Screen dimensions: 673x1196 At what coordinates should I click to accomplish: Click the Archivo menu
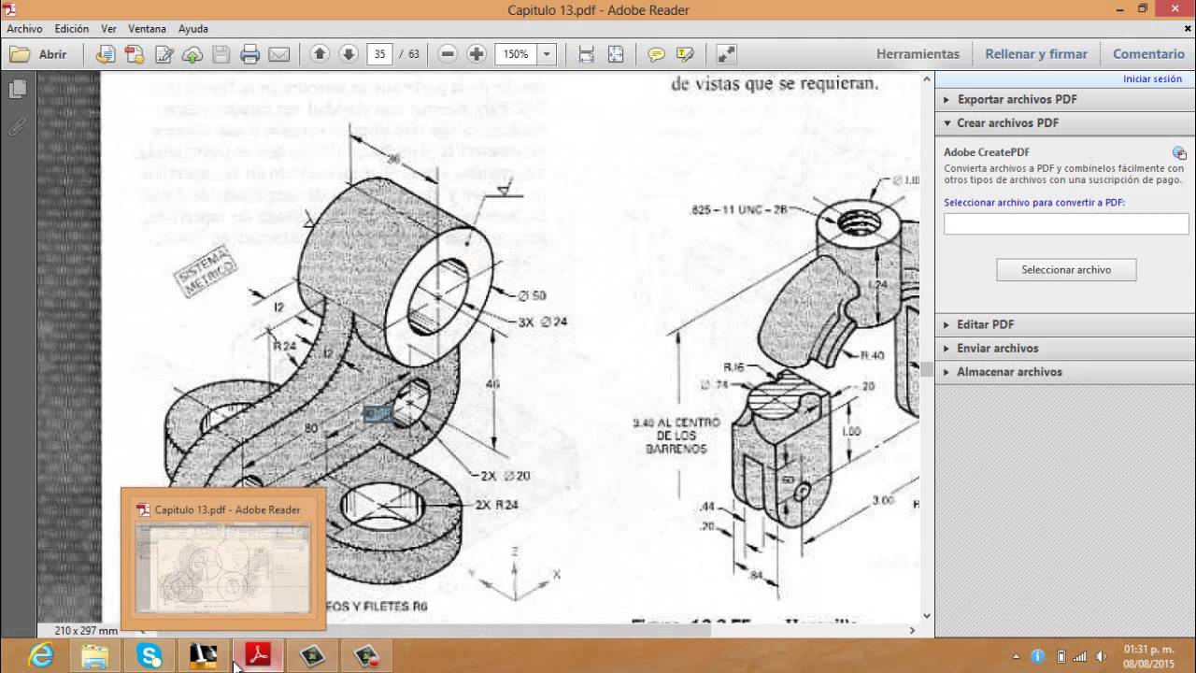point(24,29)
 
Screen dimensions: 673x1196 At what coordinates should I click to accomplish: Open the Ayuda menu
point(193,29)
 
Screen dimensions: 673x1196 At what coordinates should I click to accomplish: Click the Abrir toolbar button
point(39,54)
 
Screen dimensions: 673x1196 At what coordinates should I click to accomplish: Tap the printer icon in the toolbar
point(249,54)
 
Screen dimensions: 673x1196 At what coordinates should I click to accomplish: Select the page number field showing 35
point(379,54)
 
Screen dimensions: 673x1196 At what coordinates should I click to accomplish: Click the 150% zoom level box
point(516,54)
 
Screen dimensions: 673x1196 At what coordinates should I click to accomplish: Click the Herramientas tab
point(918,54)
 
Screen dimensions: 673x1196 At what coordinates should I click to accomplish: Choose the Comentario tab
point(1148,54)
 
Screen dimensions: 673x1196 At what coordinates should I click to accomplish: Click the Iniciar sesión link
point(1152,79)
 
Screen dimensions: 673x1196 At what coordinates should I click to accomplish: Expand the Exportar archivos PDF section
point(1017,99)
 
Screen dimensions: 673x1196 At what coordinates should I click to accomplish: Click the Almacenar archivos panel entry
point(1009,371)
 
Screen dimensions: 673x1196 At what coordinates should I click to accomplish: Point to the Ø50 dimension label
point(532,295)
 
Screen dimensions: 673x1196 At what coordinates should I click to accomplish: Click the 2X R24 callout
point(496,505)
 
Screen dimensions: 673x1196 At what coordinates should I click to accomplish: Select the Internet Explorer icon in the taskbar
point(41,656)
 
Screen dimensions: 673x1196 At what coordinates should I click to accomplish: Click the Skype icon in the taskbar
point(149,656)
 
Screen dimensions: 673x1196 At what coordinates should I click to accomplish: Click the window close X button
point(1174,9)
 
